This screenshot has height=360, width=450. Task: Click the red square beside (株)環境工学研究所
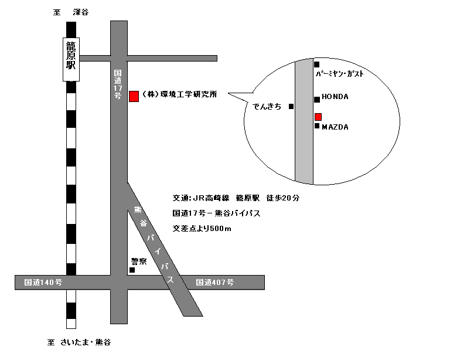click(x=134, y=96)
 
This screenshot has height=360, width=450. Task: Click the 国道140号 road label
click(x=43, y=283)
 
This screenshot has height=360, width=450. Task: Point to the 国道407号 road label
click(x=215, y=283)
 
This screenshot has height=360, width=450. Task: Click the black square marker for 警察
click(x=132, y=270)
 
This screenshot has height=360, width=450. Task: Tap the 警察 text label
click(x=138, y=261)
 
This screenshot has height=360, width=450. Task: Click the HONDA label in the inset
click(x=335, y=98)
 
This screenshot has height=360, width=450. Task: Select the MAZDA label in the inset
click(x=335, y=127)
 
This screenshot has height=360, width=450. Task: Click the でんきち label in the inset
click(x=267, y=107)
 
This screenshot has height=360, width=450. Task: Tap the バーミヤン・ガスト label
click(x=343, y=74)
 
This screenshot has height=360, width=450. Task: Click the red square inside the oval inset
click(x=318, y=117)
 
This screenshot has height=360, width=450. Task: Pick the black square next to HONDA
click(x=317, y=99)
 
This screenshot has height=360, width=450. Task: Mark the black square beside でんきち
click(x=291, y=107)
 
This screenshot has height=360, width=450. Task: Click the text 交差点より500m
click(x=202, y=229)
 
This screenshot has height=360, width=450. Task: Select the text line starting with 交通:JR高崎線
click(x=236, y=198)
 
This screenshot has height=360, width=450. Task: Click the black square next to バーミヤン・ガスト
click(x=317, y=64)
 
